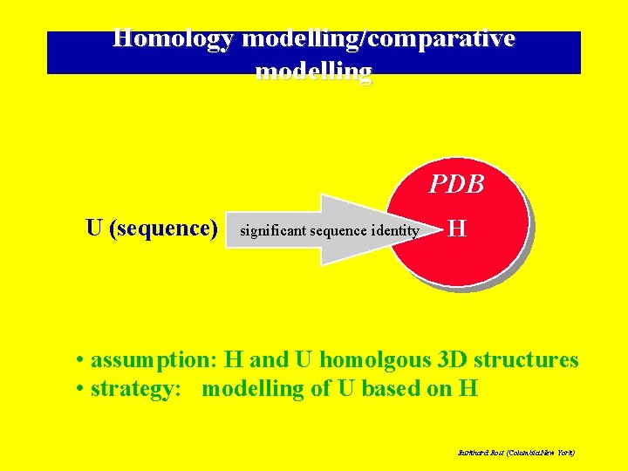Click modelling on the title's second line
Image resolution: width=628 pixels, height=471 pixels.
click(314, 71)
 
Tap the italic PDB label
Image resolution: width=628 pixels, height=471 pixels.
click(456, 185)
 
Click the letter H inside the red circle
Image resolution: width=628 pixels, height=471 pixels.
click(457, 229)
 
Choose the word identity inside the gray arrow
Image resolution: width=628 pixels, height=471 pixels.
click(395, 231)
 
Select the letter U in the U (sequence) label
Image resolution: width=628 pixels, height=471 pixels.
click(94, 229)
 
